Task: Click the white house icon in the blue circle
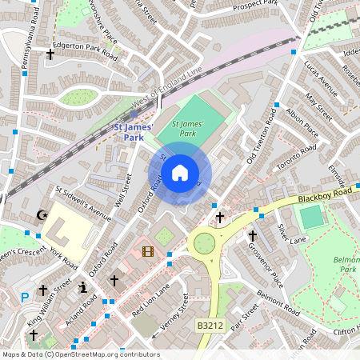click(180, 172)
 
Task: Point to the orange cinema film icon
click(147, 251)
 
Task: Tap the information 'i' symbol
click(82, 286)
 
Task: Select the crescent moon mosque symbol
click(42, 216)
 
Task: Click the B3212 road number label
click(207, 326)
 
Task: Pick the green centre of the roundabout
click(205, 242)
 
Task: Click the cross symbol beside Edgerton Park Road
click(51, 54)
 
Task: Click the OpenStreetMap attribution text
click(80, 354)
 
